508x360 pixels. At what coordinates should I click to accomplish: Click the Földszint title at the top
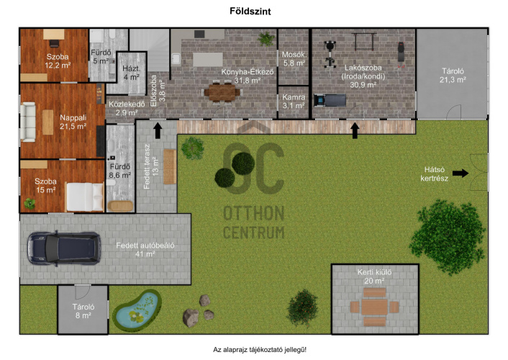point(250,11)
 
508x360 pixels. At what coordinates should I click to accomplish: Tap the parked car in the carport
point(64,248)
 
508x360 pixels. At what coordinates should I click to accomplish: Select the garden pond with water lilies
point(137,310)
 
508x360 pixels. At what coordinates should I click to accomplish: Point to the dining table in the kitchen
point(222,92)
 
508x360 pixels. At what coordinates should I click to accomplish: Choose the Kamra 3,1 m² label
point(294,102)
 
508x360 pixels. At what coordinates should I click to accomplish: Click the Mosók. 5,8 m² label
point(294,59)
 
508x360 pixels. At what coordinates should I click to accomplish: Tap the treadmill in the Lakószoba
point(330,100)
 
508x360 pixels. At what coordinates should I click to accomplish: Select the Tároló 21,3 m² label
point(453,76)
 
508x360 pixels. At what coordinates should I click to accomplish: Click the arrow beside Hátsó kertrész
point(461,174)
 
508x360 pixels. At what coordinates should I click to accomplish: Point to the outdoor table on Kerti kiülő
point(374,307)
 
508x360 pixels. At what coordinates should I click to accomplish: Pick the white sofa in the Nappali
point(28,122)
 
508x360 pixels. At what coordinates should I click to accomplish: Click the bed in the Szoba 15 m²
point(85,197)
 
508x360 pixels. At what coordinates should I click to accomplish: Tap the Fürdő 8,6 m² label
point(120,171)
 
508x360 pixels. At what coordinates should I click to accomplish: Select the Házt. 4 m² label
point(131,73)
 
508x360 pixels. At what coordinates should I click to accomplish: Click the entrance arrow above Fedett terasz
point(158,130)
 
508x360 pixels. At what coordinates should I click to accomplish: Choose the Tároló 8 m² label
point(83,311)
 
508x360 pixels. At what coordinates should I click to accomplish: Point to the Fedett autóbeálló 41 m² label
point(145,249)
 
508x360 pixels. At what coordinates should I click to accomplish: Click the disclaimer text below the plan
point(260,350)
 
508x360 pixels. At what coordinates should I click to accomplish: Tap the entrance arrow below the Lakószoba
point(355,130)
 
